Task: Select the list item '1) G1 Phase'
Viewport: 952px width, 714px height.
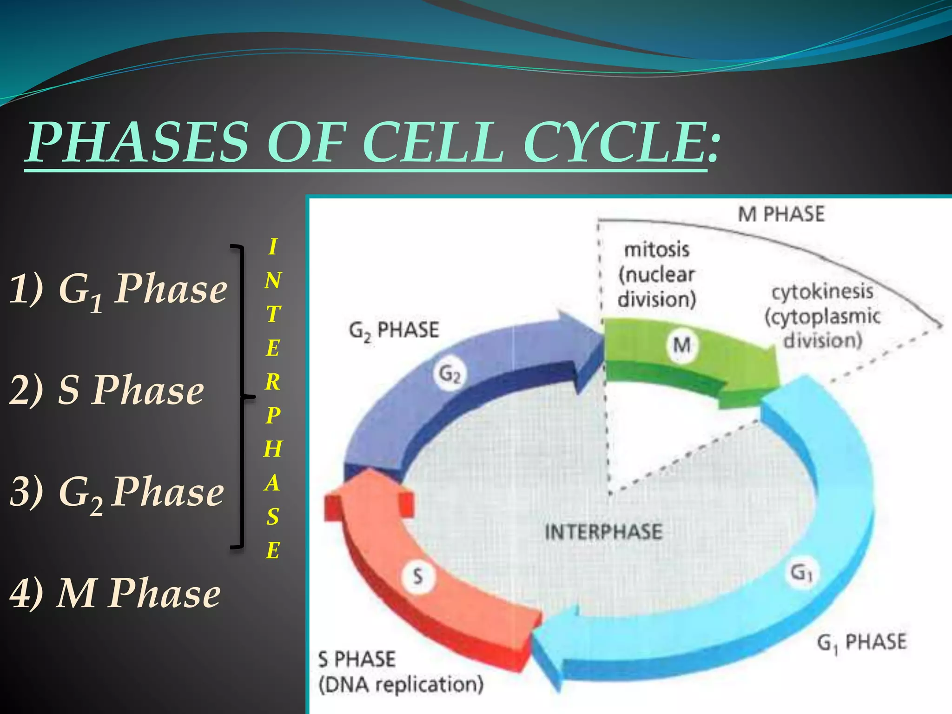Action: pos(119,289)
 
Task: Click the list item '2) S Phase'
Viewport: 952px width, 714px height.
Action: pos(107,390)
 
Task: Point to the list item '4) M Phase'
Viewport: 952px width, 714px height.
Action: pos(115,594)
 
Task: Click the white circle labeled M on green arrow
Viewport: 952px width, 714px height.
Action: pos(681,345)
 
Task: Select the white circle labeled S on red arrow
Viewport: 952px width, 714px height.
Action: pos(418,576)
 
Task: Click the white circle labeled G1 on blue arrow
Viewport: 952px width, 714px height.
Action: pos(801,573)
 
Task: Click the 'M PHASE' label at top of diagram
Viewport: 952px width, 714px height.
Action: pos(781,214)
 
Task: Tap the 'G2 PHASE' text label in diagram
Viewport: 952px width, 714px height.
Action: pos(394,331)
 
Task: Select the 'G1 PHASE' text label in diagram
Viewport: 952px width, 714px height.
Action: pos(861,642)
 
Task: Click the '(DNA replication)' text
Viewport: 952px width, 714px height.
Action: pos(401,684)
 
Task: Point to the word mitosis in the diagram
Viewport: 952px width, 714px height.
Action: pos(656,250)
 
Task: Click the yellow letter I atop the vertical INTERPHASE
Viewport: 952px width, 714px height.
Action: pos(273,247)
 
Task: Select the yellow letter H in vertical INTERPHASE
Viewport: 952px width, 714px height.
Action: pos(273,449)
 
